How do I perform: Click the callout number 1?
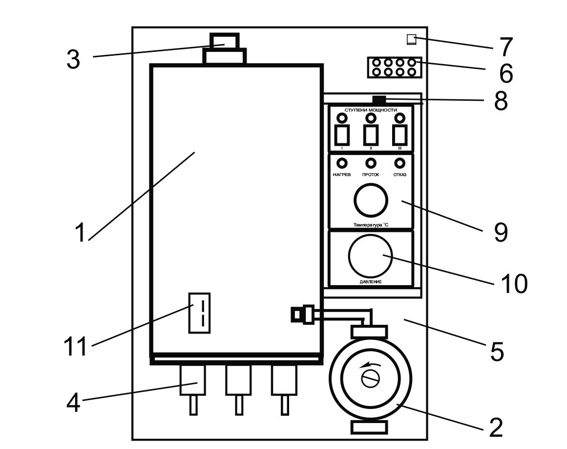pos(80,233)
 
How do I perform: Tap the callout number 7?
pos(505,47)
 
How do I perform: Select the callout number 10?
pos(513,283)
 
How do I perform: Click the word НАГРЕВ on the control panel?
pos(342,175)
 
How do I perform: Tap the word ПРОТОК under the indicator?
pos(371,175)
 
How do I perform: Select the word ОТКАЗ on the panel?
pos(399,175)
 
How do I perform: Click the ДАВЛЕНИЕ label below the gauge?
pos(370,282)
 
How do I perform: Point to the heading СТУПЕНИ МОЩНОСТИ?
pos(371,110)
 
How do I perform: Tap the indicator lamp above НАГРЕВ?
pos(342,163)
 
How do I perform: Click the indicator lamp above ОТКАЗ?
pos(399,163)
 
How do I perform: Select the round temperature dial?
pos(370,200)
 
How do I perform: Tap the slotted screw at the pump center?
pos(370,379)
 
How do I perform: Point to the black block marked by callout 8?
pos(378,99)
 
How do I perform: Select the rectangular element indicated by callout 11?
pos(199,313)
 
